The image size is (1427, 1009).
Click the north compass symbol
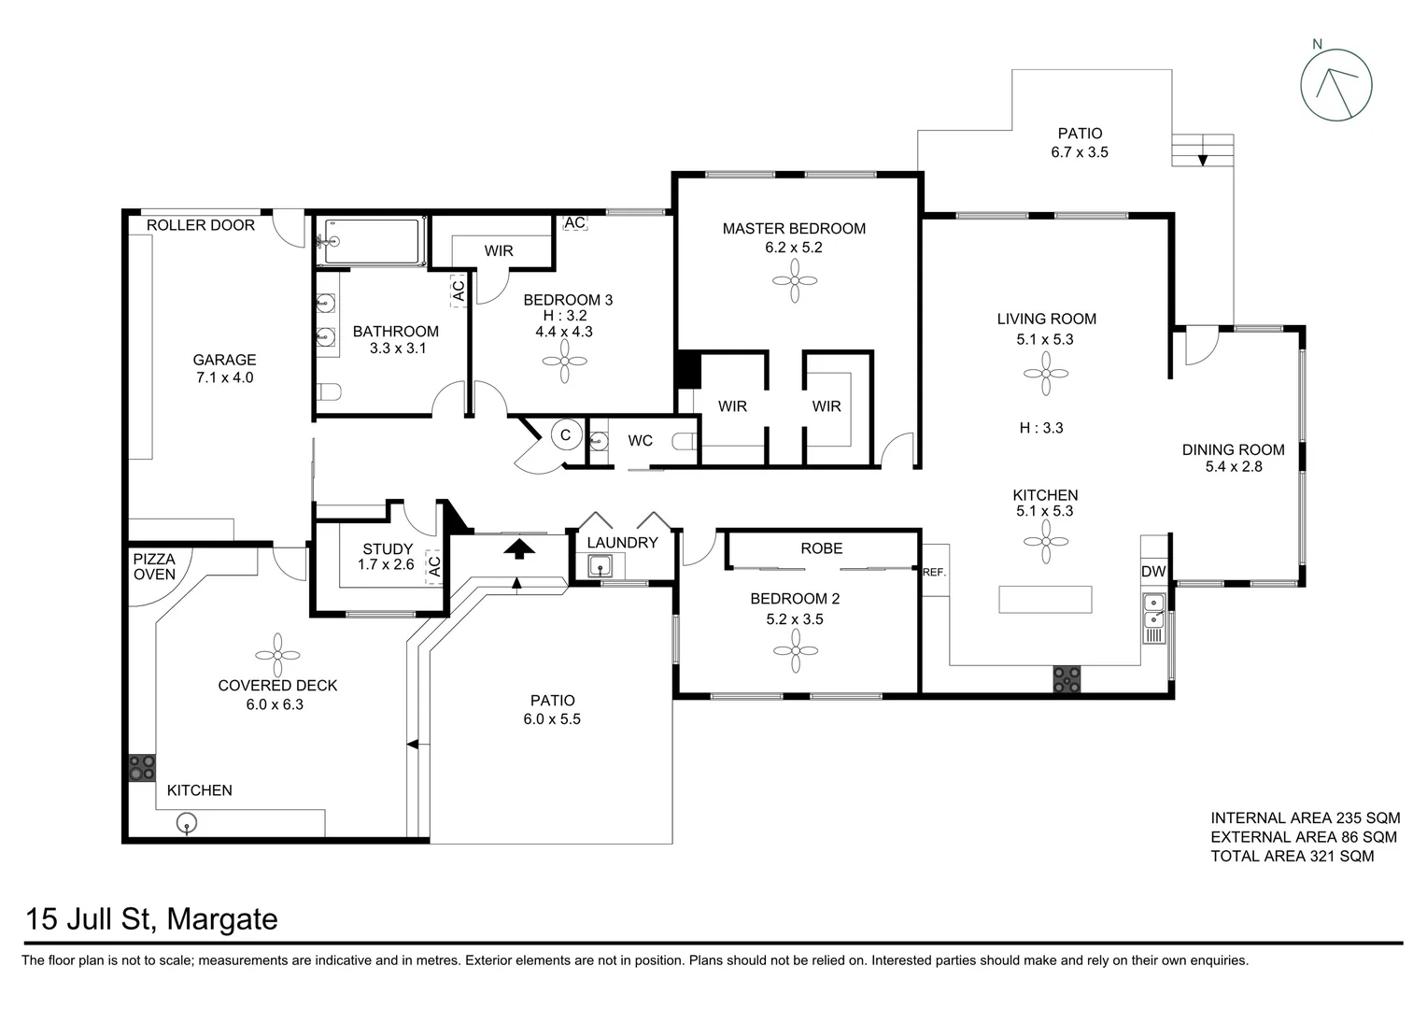tap(1335, 85)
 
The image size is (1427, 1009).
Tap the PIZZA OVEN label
tap(154, 566)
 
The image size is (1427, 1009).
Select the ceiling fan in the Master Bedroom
tap(796, 280)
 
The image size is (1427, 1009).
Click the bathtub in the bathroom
tap(371, 242)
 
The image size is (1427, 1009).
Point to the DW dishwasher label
tap(1153, 571)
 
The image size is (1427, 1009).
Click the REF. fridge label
tap(934, 572)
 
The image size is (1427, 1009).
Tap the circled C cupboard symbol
tap(565, 435)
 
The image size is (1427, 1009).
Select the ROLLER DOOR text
tap(201, 225)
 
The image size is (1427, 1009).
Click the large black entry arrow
tap(520, 547)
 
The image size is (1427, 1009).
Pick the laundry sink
tap(600, 566)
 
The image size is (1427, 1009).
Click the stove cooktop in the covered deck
tap(142, 768)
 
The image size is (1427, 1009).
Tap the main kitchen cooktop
tap(1066, 679)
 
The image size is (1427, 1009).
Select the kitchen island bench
tap(1045, 599)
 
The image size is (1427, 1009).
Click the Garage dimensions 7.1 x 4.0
tap(224, 378)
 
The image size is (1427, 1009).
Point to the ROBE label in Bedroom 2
tap(821, 548)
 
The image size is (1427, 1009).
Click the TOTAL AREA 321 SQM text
tap(1292, 856)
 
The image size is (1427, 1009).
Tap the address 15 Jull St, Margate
tap(152, 919)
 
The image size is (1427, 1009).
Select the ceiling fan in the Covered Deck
tap(277, 655)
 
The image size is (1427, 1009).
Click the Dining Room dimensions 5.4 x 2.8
tap(1233, 467)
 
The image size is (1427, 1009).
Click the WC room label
tap(640, 440)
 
